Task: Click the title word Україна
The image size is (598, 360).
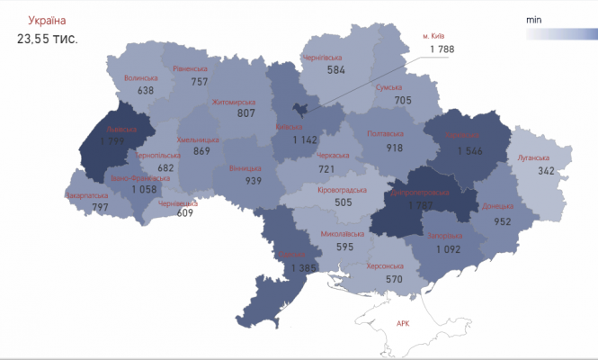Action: click(46, 20)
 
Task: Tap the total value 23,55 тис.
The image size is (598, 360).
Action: click(46, 39)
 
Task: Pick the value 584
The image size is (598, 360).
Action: click(336, 69)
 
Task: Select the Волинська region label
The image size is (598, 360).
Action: click(140, 77)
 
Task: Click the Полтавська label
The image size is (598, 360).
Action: click(386, 134)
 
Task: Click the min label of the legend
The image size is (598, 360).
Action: click(532, 18)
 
